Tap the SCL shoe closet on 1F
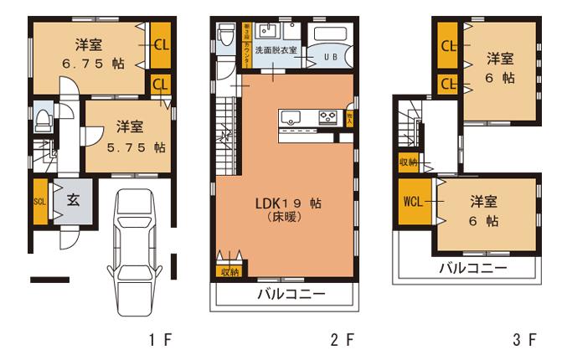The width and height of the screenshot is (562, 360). pos(39,202)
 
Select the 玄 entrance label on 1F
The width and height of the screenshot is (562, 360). pos(73,201)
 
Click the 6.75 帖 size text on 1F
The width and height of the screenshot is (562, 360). pos(90,64)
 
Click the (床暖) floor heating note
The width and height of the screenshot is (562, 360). pos(285,217)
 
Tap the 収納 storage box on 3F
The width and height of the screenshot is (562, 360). pos(408,162)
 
